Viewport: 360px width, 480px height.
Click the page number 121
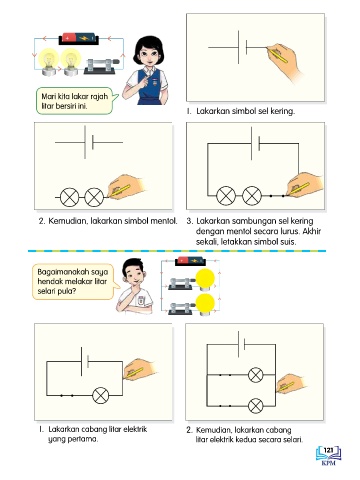coord(328,450)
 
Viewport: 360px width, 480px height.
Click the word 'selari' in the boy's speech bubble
coord(47,291)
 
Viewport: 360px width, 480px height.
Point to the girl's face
coord(149,57)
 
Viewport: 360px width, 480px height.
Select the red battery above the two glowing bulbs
coord(79,38)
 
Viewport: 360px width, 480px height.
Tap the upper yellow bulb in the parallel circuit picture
coord(205,279)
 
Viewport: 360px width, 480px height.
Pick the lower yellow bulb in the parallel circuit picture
coord(205,304)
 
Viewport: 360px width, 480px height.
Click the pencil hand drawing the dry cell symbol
coord(284,61)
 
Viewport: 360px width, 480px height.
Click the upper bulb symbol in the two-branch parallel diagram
coord(256,375)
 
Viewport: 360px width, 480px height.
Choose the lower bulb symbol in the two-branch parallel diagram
coord(256,406)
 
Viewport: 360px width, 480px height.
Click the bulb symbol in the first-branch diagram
coord(100,396)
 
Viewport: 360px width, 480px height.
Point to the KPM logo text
coord(329,463)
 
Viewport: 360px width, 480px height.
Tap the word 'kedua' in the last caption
coord(245,439)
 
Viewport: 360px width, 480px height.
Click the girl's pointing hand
coord(144,81)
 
